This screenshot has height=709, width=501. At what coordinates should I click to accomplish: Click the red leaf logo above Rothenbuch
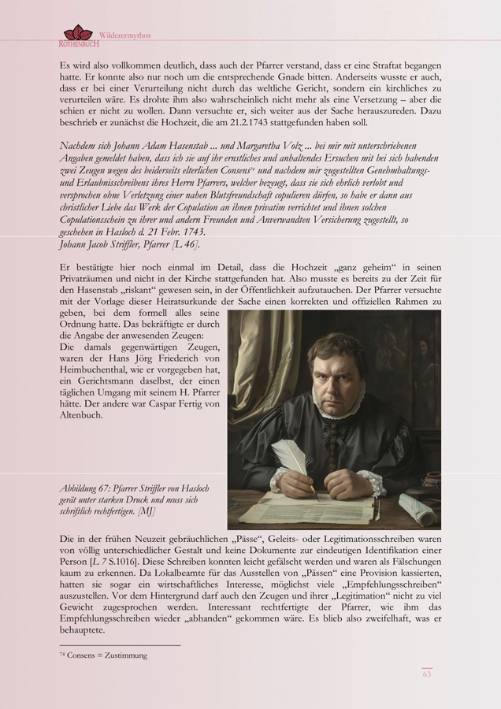click(77, 32)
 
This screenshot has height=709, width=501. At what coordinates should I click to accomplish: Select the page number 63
click(426, 674)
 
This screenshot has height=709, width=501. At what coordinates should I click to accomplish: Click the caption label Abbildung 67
click(84, 488)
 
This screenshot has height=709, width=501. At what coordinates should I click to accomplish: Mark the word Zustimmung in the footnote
click(124, 655)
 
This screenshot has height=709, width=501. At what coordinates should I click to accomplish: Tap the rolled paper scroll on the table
click(417, 507)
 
